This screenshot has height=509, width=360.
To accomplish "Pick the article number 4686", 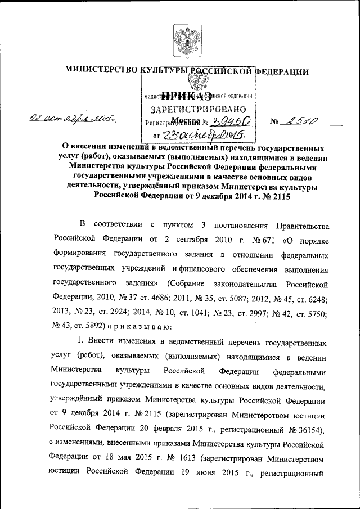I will tap(163, 295).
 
